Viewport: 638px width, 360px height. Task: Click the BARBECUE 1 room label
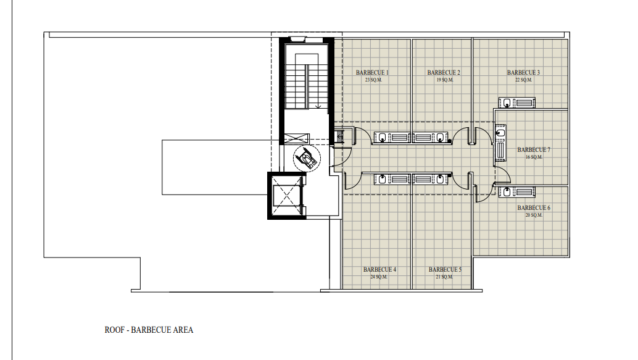(x=372, y=72)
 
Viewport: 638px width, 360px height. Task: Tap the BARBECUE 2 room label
(x=444, y=72)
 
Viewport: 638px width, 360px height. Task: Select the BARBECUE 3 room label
(x=524, y=72)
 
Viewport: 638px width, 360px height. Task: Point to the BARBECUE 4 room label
(x=379, y=270)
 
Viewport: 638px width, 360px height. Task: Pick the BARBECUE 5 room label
(x=445, y=270)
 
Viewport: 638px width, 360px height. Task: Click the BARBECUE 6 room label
(x=534, y=207)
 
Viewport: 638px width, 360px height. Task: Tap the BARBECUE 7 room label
(x=534, y=150)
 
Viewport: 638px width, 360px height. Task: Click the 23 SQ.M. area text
(x=373, y=80)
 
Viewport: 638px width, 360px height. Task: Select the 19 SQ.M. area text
(x=445, y=80)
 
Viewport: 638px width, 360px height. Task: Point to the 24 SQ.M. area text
(x=379, y=277)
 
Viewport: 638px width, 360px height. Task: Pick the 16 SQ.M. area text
(x=534, y=157)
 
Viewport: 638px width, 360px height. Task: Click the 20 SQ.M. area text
(x=534, y=215)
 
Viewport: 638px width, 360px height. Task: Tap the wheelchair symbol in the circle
(x=307, y=158)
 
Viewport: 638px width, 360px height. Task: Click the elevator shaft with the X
(x=286, y=196)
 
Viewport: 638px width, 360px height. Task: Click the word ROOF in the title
(x=114, y=330)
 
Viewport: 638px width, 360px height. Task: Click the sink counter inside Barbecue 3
(x=516, y=103)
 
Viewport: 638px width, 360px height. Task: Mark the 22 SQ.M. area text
(x=524, y=80)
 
